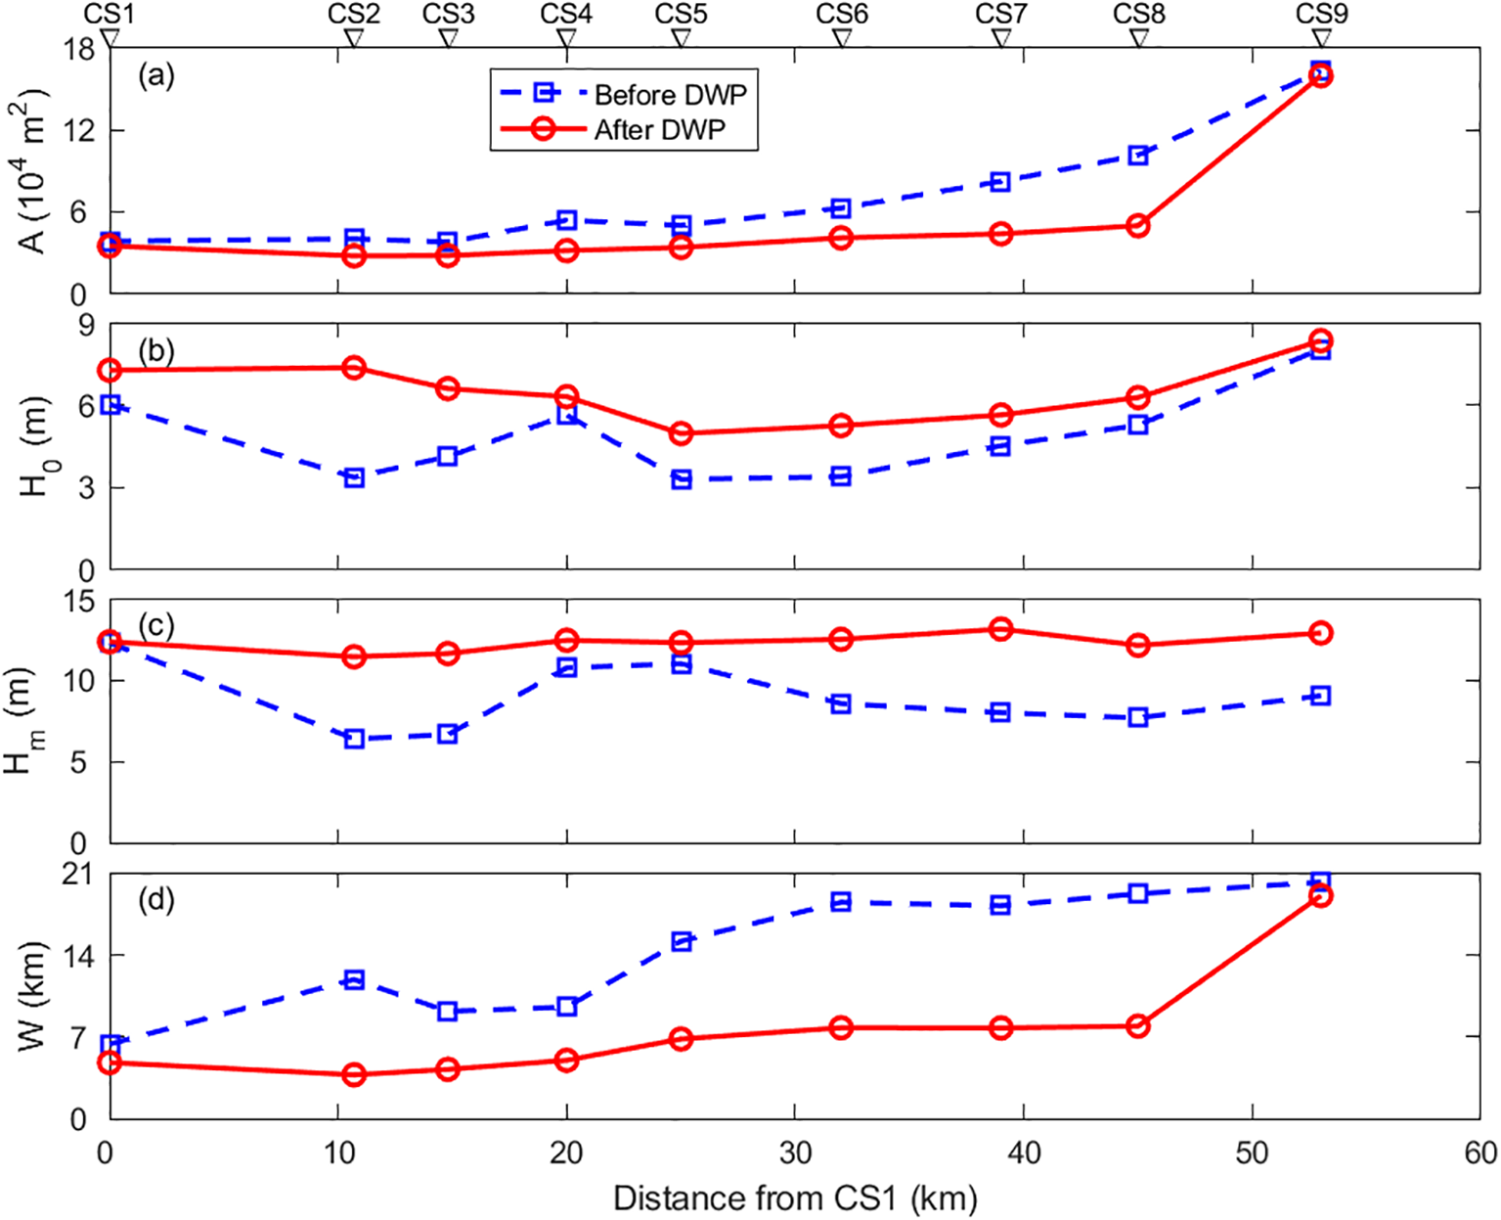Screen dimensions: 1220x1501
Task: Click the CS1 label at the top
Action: click(110, 14)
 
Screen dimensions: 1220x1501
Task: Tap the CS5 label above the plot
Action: click(681, 14)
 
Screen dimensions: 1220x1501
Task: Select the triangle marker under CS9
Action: click(1321, 38)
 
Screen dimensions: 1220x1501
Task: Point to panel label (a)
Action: click(155, 75)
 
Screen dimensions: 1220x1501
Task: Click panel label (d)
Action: click(155, 899)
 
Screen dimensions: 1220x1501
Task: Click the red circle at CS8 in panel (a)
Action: click(1137, 226)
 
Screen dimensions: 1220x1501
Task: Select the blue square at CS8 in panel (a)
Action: click(1137, 156)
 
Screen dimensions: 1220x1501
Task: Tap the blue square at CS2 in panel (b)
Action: click(354, 477)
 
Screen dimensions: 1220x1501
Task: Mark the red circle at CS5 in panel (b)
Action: click(682, 433)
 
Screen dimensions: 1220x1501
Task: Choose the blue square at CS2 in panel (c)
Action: click(354, 739)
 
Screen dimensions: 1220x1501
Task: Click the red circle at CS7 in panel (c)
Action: click(1000, 629)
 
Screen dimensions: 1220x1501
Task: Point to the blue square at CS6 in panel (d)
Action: click(841, 902)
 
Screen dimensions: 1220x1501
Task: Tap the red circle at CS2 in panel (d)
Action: click(354, 1074)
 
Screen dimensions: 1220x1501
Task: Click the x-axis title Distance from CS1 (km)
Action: click(795, 1198)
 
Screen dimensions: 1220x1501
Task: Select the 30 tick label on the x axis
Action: click(795, 1153)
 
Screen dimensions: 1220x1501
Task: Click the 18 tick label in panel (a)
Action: click(80, 48)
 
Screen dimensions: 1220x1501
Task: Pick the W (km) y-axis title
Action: click(33, 996)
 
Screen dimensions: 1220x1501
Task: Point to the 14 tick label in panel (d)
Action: click(80, 955)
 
